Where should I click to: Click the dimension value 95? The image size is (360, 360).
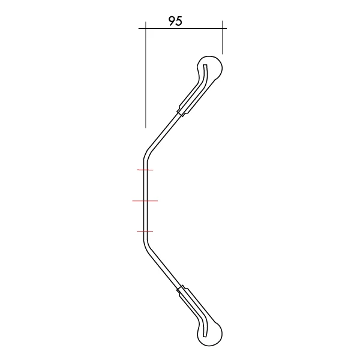[x=175, y=21]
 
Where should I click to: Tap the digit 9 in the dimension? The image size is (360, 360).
[x=172, y=21]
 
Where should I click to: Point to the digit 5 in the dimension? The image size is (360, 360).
[x=179, y=21]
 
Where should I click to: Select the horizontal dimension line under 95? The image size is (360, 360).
[x=182, y=28]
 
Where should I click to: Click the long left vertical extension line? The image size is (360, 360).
[x=146, y=74]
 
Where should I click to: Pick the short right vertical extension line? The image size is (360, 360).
[x=222, y=37]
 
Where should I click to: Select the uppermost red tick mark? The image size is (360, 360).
[x=145, y=170]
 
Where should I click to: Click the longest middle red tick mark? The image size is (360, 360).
[x=145, y=201]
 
